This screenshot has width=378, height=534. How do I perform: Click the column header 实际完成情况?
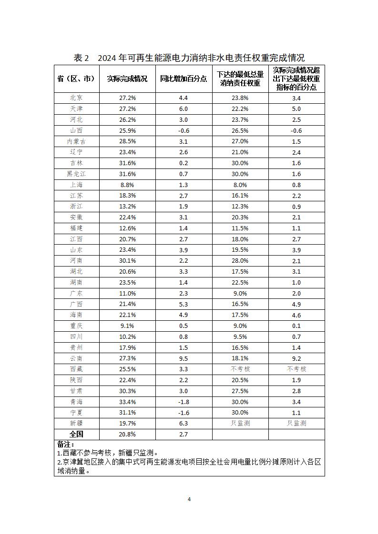(x=127, y=79)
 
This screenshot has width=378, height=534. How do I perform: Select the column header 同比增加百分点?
(x=184, y=79)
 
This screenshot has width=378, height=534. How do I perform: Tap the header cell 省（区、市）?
(x=76, y=79)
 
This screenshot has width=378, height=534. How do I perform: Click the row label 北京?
(x=76, y=98)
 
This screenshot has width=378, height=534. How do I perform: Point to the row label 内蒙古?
(x=76, y=141)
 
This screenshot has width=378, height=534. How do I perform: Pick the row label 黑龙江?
(x=76, y=174)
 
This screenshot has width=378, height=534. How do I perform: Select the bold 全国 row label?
(x=76, y=434)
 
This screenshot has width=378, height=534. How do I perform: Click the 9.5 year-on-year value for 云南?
(x=184, y=358)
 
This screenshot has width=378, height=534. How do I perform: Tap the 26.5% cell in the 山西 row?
(x=240, y=130)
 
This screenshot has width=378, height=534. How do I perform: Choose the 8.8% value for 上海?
(x=127, y=185)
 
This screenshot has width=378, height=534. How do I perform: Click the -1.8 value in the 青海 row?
(x=184, y=402)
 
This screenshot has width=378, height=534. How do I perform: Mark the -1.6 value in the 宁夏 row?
(x=184, y=413)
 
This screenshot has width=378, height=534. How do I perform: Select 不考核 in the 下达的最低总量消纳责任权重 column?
(x=240, y=369)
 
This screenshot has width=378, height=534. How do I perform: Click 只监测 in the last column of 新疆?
(x=296, y=423)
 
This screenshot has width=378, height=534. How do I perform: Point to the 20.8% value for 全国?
(x=127, y=434)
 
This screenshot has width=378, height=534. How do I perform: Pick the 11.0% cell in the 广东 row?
(x=127, y=293)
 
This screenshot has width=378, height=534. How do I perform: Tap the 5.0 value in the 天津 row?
(x=296, y=109)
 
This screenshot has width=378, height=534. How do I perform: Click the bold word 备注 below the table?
(x=65, y=445)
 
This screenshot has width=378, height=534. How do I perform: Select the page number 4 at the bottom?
(x=189, y=499)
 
